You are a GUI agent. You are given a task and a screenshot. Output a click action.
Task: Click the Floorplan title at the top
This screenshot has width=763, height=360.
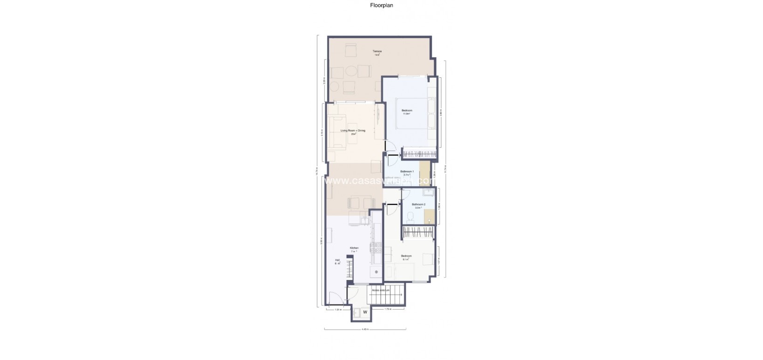click(381, 6)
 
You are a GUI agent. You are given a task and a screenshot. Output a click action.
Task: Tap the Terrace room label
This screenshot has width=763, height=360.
click(377, 51)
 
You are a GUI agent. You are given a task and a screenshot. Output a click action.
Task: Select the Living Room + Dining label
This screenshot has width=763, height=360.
click(353, 131)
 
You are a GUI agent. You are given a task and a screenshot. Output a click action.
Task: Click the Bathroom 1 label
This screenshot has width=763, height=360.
click(407, 171)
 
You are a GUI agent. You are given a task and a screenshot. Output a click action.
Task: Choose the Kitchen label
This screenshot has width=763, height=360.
click(354, 248)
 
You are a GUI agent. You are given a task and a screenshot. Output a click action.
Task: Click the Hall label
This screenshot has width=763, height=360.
click(337, 260)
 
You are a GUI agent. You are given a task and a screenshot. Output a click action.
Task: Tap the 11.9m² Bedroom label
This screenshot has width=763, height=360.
click(407, 111)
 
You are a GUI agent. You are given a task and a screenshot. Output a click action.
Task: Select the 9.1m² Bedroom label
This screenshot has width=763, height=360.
click(406, 256)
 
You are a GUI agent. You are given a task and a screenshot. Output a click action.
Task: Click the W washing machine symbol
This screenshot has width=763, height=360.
click(365, 312)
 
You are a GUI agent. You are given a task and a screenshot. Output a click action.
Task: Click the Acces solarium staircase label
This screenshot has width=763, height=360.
click(381, 290)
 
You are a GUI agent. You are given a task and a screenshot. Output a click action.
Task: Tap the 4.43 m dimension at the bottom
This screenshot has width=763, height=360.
click(365, 330)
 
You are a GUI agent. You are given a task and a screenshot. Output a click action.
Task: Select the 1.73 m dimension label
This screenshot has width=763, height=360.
click(387, 309)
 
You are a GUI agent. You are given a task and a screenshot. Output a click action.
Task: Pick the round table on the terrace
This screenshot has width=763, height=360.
click(350, 72)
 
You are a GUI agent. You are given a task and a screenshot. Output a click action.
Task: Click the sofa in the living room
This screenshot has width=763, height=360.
click(334, 132)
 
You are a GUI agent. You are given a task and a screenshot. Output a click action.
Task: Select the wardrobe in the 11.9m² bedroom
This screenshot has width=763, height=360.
click(420, 153)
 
